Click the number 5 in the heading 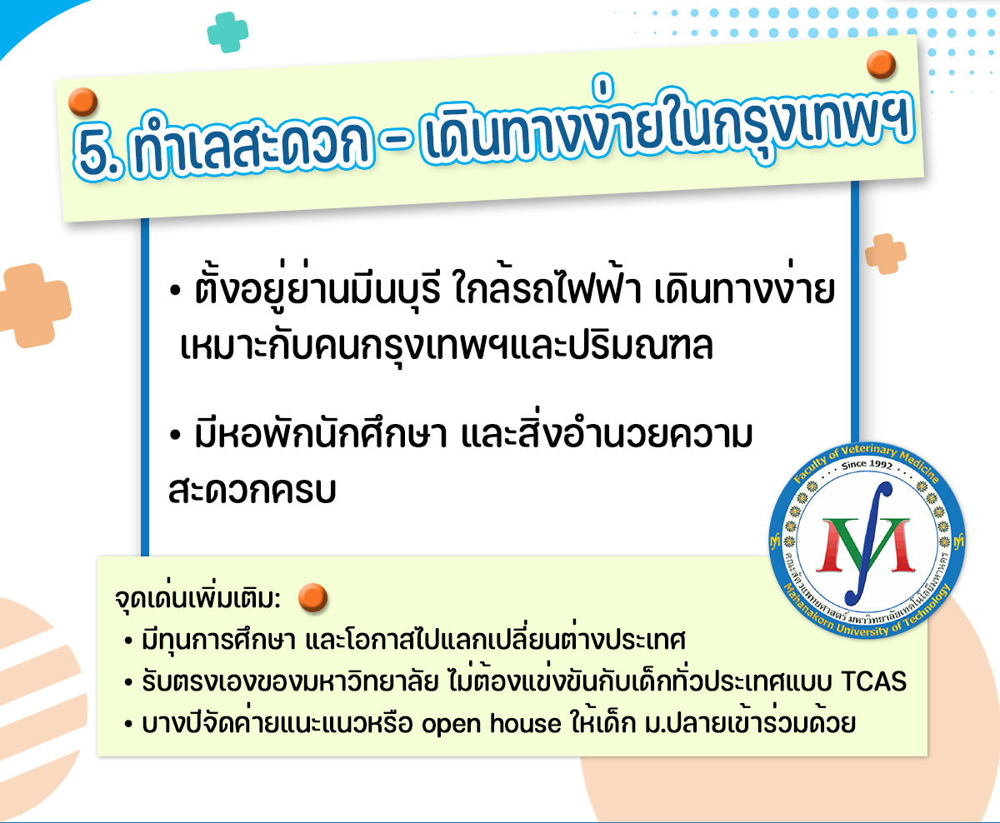point(97,152)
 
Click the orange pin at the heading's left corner point(83,102)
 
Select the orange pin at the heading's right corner point(881,64)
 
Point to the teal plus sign point(227,32)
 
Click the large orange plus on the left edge point(34,306)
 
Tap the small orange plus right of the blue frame point(885,253)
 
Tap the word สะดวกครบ point(252,490)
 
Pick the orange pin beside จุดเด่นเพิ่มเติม point(313,597)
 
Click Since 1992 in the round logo point(867,465)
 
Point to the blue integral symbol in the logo point(868,544)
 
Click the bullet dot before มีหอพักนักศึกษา point(176,435)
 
